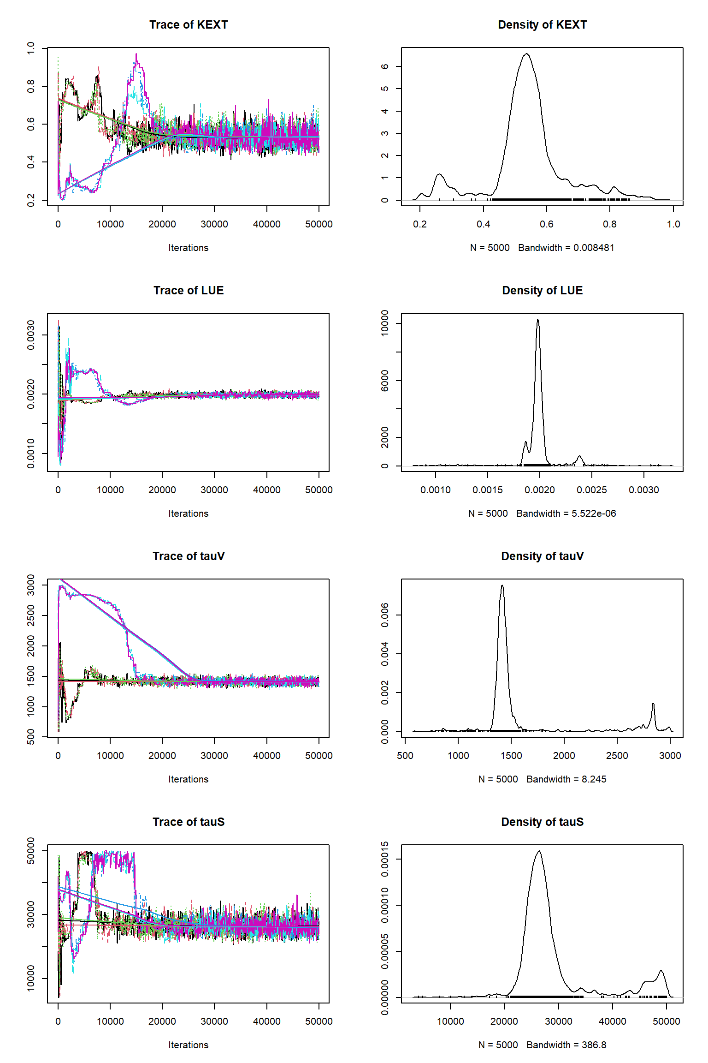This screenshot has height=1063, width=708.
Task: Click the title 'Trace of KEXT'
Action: (189, 25)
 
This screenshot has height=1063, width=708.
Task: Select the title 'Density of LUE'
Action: (542, 291)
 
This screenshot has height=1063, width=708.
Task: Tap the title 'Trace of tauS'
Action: (189, 822)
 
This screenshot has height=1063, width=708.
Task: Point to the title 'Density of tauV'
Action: (542, 556)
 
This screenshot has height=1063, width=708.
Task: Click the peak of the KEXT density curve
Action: (526, 54)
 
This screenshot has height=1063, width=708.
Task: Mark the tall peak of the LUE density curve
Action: (537, 320)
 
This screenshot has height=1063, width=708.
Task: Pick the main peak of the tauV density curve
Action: (502, 585)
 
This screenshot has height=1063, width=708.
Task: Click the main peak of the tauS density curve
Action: (539, 851)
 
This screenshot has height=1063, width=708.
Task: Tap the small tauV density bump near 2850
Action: (653, 704)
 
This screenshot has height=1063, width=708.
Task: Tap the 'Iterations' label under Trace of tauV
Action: (188, 779)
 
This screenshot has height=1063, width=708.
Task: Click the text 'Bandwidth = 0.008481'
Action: (566, 248)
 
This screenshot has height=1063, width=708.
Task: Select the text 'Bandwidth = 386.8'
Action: (566, 1045)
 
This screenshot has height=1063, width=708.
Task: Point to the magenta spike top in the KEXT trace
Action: (136, 54)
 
